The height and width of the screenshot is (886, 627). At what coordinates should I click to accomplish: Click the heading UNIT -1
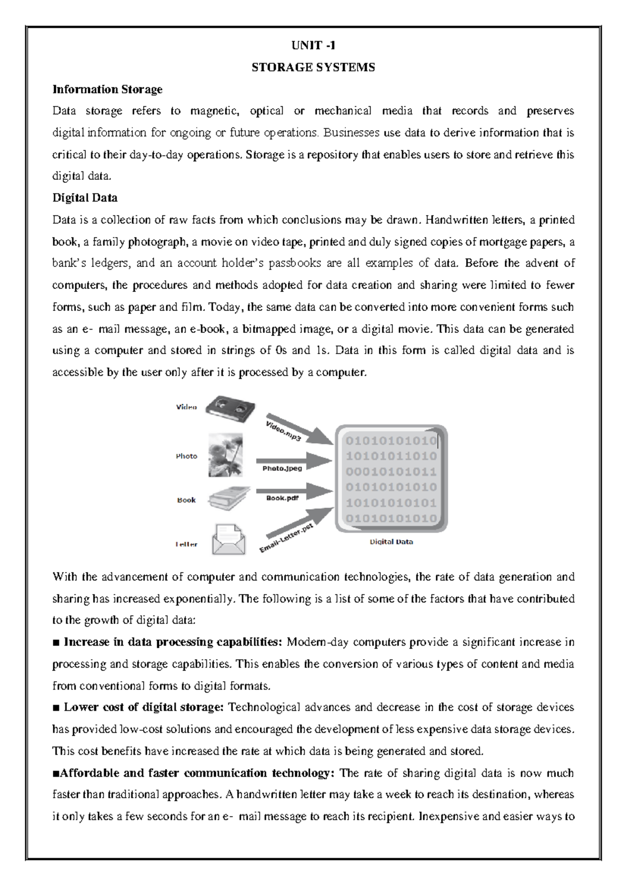point(313,45)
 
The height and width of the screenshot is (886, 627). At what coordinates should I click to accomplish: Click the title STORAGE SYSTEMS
point(313,67)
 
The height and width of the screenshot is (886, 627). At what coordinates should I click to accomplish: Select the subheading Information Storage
point(107,89)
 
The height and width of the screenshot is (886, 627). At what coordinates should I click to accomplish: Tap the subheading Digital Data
point(85,198)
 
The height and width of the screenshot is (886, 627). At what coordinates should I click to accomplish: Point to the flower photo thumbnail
point(226,454)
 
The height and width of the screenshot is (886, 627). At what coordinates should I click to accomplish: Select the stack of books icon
point(229,498)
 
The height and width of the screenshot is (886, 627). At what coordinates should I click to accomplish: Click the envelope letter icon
point(228,540)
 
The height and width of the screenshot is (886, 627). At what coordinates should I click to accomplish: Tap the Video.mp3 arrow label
point(283,430)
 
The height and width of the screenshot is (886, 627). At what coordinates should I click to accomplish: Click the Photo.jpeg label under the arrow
point(282,469)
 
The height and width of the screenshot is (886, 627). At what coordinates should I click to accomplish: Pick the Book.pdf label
point(282,498)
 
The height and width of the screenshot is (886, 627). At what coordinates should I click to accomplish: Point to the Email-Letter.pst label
point(286,538)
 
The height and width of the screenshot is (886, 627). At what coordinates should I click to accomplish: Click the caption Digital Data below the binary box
point(391,542)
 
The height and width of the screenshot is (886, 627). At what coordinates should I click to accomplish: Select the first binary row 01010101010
point(391,441)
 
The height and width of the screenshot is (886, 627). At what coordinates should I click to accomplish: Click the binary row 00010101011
point(391,472)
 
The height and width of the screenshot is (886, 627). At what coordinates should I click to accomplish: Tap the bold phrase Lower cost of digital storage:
point(144,707)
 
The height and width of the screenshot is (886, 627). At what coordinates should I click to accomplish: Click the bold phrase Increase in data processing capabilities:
point(173,642)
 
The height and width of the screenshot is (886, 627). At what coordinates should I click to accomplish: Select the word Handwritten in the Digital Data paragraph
point(457,220)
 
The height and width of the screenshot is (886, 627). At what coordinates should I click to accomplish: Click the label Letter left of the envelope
point(187,544)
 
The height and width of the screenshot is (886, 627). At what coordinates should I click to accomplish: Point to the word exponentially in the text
point(198,599)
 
